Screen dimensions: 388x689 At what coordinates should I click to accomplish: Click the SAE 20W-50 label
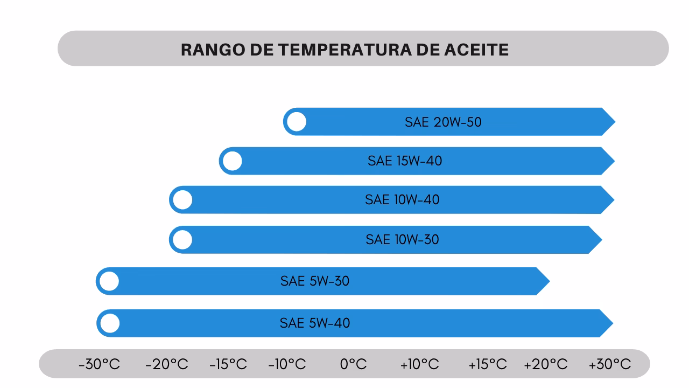point(443,122)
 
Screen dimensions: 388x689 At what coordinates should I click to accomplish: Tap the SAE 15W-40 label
point(405,161)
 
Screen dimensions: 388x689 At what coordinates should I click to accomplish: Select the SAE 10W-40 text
point(402,199)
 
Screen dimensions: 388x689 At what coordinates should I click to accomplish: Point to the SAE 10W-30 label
point(402,239)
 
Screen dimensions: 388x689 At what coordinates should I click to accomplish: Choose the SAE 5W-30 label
point(314,281)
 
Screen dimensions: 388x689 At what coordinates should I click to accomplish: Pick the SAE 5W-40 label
point(314,323)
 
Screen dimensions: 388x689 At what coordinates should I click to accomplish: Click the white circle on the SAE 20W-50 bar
point(297,122)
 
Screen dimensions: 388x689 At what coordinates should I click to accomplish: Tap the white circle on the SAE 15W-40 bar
point(233,161)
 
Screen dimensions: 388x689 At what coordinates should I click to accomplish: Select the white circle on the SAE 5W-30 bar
point(109,281)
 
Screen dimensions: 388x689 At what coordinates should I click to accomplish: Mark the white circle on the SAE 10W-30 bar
point(183,240)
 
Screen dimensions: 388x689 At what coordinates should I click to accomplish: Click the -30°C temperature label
point(99,364)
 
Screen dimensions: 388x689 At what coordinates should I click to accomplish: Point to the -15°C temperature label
point(228,364)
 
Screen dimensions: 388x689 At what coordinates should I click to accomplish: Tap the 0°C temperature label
point(353,364)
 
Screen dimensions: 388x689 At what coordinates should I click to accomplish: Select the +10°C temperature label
point(419,364)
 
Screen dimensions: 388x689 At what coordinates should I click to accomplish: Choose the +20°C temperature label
point(545,364)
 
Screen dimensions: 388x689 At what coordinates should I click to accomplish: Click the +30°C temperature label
point(609,364)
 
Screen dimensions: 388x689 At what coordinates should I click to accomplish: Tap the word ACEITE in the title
point(477,50)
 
